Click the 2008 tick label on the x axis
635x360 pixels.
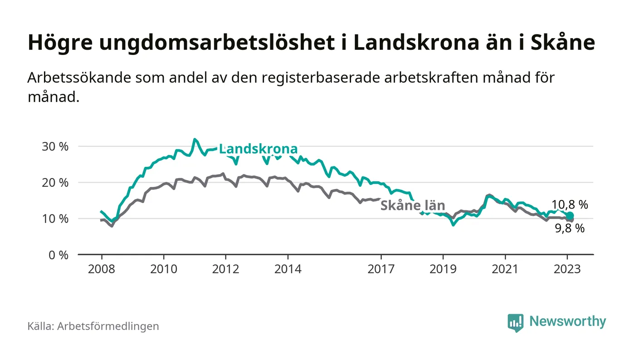(x=101, y=269)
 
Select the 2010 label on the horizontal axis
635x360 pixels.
(x=163, y=269)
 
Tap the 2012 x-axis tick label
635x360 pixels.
(x=225, y=269)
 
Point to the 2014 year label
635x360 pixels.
(x=288, y=269)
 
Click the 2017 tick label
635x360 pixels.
(x=381, y=269)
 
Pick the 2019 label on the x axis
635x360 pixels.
(x=443, y=269)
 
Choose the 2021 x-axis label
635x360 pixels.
(x=505, y=269)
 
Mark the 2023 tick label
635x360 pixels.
(x=567, y=269)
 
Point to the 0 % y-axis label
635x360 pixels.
(x=58, y=255)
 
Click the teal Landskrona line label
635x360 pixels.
(x=258, y=149)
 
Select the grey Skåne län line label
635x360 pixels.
(x=412, y=205)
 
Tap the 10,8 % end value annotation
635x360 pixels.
(x=570, y=204)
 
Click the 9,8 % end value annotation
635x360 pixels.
(x=570, y=229)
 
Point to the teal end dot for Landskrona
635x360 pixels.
(x=570, y=216)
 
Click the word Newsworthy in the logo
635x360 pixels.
(x=567, y=321)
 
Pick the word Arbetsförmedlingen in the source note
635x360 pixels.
(x=108, y=326)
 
